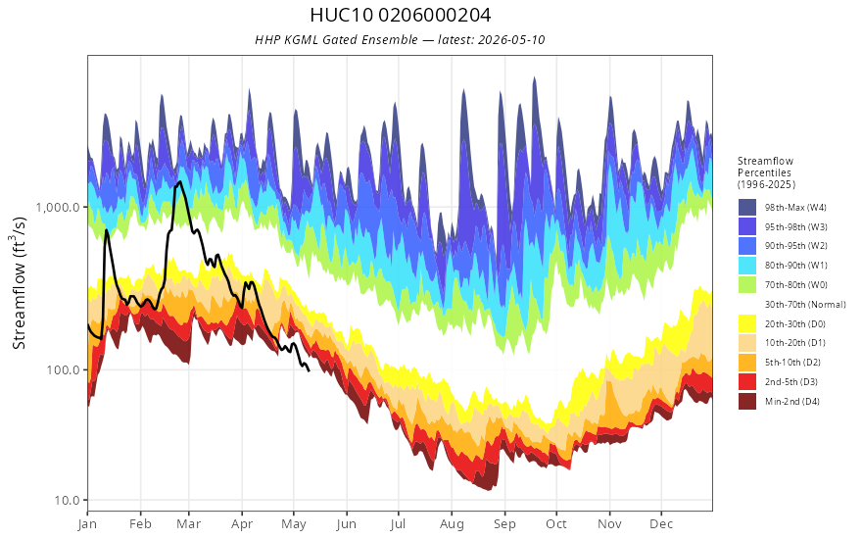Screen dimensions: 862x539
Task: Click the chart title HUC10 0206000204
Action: coord(401,15)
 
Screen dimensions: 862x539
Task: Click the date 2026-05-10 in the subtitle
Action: coord(511,39)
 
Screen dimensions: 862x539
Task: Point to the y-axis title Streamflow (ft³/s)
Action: coord(20,282)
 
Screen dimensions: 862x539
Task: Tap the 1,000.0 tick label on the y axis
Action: coord(58,208)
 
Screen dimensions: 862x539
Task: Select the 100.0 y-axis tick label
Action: coord(64,369)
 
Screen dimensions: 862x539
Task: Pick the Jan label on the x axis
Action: coord(87,524)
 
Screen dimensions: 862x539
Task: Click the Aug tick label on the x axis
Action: coord(452,524)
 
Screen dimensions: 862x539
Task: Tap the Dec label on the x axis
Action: coord(661,524)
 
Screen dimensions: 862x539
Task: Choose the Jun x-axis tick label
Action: coord(347,524)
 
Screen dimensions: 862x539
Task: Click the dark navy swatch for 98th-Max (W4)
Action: coord(747,208)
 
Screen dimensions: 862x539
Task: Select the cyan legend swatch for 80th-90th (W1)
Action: coord(747,266)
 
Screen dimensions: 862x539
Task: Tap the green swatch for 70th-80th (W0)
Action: coord(747,285)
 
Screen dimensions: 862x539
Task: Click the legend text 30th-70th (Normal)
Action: coord(805,304)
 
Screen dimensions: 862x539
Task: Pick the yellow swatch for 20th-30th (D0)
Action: coord(747,323)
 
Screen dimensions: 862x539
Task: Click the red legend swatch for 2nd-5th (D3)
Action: coord(747,381)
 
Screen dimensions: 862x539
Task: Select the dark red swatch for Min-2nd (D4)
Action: coord(747,401)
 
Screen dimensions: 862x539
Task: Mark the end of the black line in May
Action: coord(309,370)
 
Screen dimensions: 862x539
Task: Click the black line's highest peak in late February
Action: coord(180,182)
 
